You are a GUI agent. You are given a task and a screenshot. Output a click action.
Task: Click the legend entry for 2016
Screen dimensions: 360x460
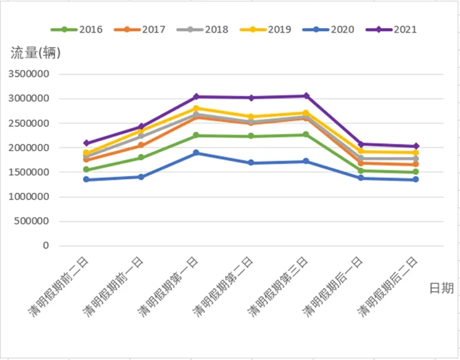78,29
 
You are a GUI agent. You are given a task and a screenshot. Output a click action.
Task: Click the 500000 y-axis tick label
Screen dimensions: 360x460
31,221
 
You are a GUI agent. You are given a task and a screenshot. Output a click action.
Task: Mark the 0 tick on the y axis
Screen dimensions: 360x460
46,246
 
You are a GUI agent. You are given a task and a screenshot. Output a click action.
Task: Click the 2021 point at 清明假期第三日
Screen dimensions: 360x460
306,96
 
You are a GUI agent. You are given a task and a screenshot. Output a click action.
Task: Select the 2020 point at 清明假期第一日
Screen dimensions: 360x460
196,153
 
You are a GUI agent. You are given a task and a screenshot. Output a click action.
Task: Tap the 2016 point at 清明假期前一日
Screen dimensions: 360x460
141,158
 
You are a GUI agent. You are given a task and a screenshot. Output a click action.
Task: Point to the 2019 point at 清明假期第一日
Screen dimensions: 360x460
196,109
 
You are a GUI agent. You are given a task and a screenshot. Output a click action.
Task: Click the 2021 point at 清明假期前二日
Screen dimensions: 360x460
86,143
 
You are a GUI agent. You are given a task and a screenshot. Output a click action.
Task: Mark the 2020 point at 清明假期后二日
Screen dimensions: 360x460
416,179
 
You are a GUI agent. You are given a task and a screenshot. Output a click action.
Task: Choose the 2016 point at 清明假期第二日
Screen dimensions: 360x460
251,136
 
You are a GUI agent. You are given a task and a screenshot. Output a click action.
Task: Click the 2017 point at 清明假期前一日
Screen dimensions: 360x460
141,145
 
